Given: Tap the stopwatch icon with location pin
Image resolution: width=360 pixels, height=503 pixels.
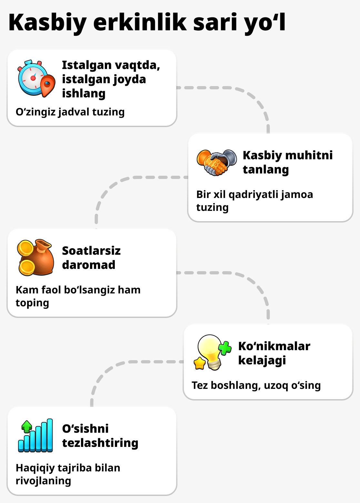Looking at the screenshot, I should (x=34, y=78).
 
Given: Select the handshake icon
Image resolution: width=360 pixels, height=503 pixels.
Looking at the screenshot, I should (x=216, y=162).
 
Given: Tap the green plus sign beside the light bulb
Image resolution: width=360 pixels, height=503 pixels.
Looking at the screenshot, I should (x=225, y=348).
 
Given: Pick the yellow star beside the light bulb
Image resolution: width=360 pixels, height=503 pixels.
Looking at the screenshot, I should (x=200, y=363).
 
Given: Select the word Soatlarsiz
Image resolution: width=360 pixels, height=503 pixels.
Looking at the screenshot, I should (x=91, y=251).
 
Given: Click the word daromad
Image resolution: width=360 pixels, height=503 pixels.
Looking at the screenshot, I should (x=89, y=265).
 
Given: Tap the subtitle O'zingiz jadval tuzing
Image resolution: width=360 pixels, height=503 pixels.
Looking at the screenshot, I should (x=70, y=112).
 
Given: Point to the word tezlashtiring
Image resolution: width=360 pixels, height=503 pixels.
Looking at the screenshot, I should (x=100, y=443).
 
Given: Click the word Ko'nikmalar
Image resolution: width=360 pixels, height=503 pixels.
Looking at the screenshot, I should (x=274, y=346).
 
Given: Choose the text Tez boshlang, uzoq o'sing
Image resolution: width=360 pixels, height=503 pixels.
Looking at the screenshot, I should (x=256, y=385).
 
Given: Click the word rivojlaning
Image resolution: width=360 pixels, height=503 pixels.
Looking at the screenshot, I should (x=43, y=481).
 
